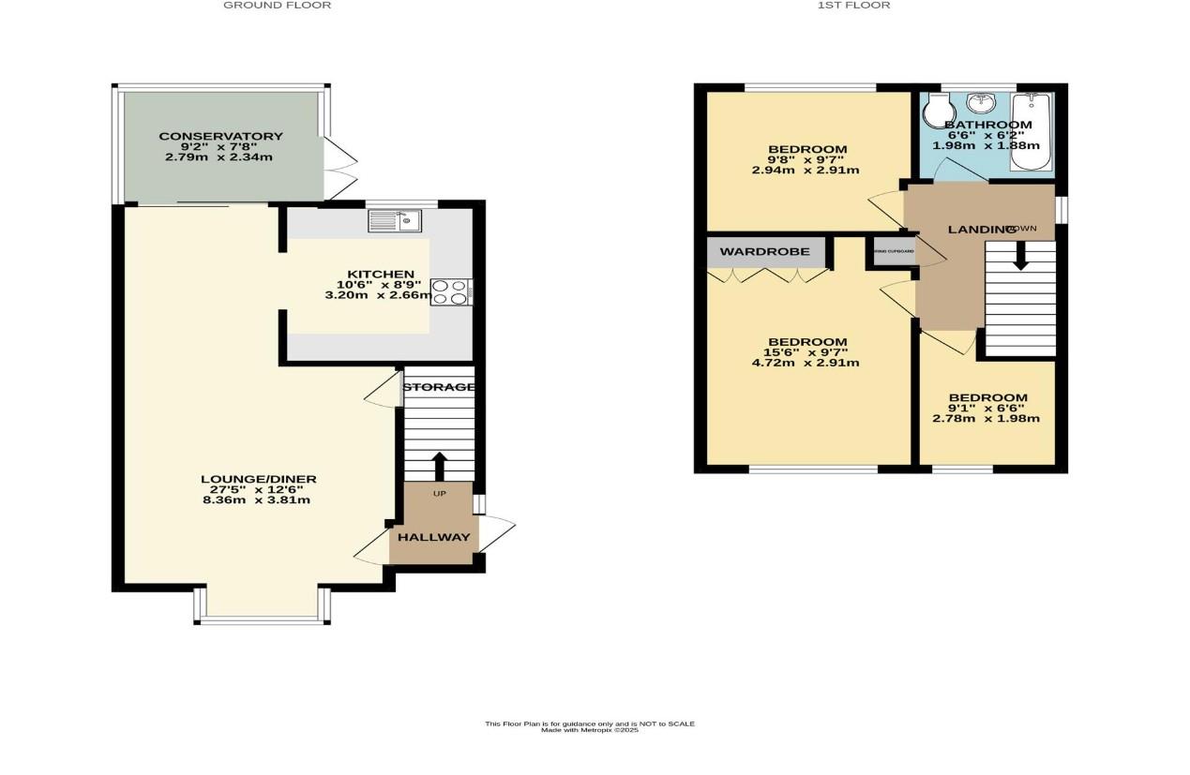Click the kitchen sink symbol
pyautogui.click(x=395, y=221)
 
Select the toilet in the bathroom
pyautogui.click(x=936, y=114)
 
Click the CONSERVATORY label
pyautogui.click(x=220, y=137)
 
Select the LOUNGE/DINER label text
pyautogui.click(x=259, y=479)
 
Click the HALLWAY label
pyautogui.click(x=433, y=538)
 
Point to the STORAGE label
pyautogui.click(x=439, y=387)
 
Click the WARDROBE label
pyautogui.click(x=764, y=252)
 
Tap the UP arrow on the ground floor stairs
pyautogui.click(x=438, y=465)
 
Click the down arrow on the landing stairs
pyautogui.click(x=1020, y=257)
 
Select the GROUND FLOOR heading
pyautogui.click(x=277, y=6)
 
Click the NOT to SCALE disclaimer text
pyautogui.click(x=589, y=723)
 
